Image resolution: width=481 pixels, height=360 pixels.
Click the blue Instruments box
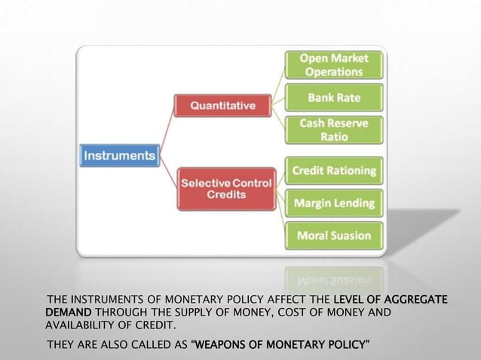pos(119,157)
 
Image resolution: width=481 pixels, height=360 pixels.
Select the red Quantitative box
pos(222,105)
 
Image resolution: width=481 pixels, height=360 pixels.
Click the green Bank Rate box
pos(332,98)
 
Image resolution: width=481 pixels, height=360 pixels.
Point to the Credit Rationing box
pos(334,171)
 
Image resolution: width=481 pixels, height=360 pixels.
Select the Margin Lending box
pos(333,203)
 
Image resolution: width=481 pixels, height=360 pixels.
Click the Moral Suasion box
pos(333,236)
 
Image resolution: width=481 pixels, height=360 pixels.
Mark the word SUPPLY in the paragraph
pos(187,313)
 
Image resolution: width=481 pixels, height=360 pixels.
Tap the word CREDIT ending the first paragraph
pos(154,325)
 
